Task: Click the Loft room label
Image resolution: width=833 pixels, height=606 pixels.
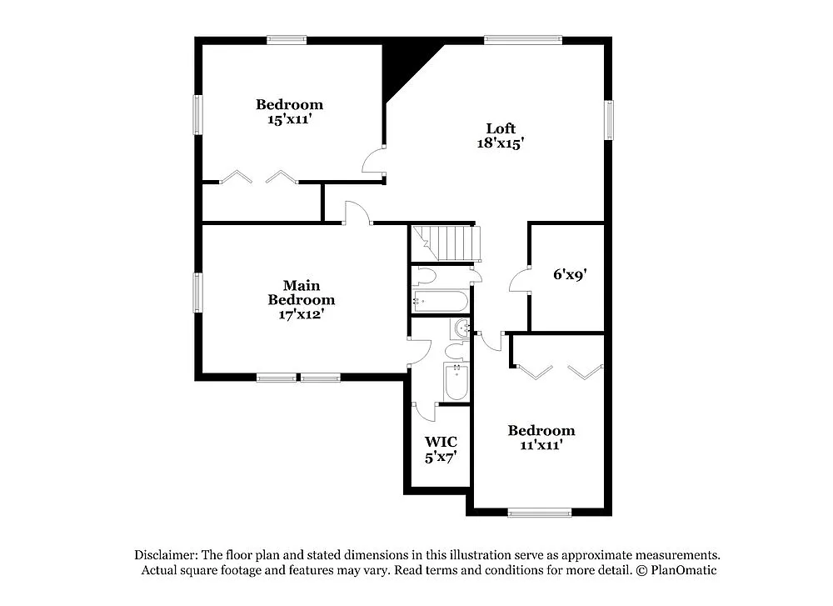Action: tap(501, 128)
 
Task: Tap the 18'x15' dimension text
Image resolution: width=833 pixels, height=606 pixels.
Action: tap(501, 143)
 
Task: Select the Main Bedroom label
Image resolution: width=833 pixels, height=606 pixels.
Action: tap(301, 293)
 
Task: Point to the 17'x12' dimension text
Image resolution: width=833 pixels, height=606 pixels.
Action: tap(301, 314)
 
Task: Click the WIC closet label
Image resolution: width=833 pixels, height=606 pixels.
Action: tap(441, 442)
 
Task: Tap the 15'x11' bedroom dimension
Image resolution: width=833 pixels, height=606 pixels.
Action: tap(289, 118)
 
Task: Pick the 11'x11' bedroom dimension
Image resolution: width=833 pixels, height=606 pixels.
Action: tap(541, 444)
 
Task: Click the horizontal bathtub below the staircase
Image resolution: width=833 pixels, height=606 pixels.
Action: tap(440, 300)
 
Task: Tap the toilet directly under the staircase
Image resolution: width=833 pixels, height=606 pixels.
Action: tap(426, 276)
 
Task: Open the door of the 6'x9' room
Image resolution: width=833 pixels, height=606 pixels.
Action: tap(520, 280)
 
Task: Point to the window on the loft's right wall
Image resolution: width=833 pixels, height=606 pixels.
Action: tap(609, 120)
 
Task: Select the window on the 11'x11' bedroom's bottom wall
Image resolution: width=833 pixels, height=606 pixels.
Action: tap(540, 513)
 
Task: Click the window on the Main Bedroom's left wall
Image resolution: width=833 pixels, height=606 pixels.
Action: tap(198, 293)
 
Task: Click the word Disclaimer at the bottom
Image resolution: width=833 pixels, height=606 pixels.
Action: tap(166, 554)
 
